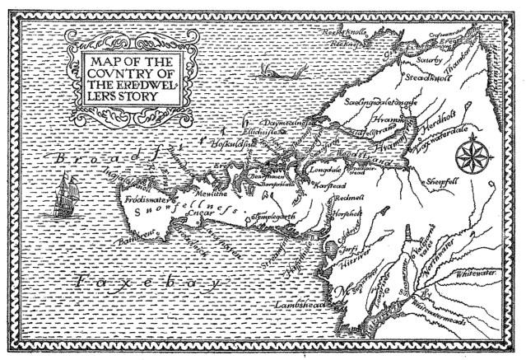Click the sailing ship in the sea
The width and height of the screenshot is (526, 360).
(x=63, y=193)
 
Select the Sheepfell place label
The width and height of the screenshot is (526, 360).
(x=445, y=180)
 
